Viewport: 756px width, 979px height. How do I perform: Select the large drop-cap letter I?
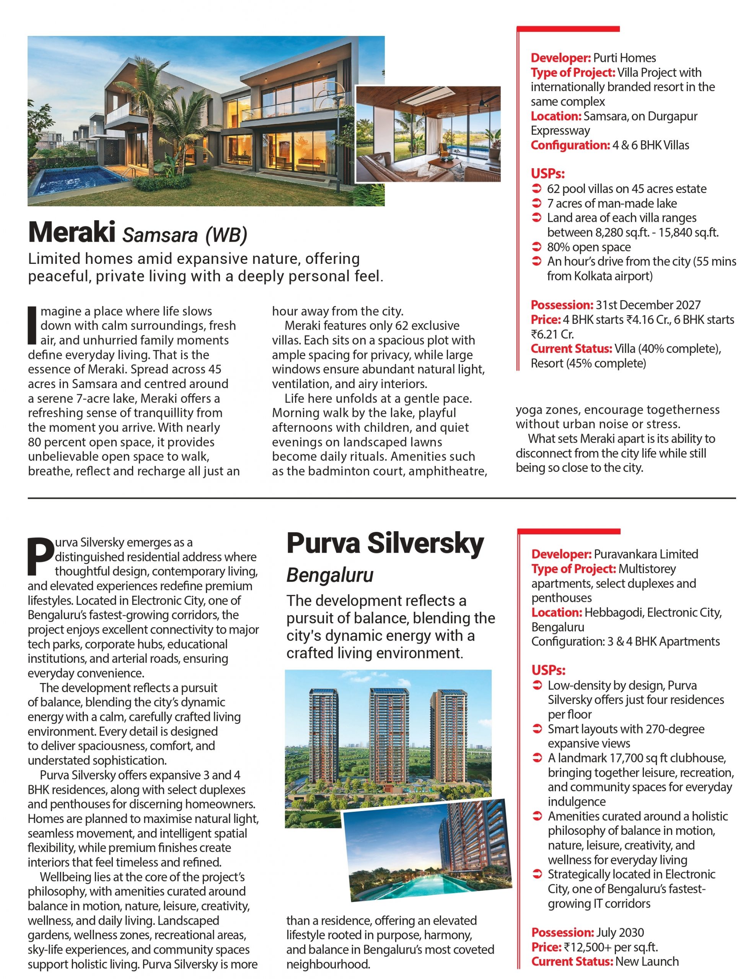(32, 325)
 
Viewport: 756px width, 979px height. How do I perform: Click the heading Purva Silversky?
(385, 544)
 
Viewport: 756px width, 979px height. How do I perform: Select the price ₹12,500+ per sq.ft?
(610, 947)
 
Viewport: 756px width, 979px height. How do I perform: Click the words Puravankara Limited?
(646, 554)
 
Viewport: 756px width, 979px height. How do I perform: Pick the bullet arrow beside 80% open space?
(536, 247)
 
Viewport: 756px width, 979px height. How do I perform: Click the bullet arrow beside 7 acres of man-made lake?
(536, 203)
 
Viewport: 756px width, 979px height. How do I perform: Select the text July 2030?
(620, 932)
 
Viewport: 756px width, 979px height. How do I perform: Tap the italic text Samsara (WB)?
(185, 235)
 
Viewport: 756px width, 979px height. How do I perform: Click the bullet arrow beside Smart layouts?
(537, 729)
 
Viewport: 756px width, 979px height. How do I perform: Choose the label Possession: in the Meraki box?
(562, 305)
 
